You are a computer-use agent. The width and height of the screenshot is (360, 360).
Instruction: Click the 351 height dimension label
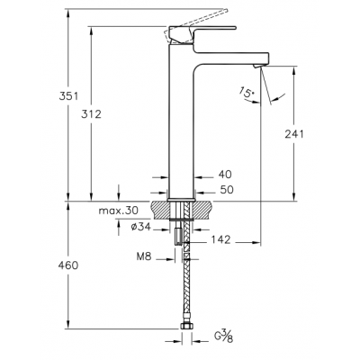click(68, 96)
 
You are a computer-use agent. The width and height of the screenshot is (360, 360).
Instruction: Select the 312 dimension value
click(91, 114)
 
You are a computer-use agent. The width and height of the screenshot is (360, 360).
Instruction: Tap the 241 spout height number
click(294, 134)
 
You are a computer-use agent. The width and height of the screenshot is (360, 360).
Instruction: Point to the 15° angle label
click(247, 92)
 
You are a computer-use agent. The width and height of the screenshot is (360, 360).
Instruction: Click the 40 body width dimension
click(225, 175)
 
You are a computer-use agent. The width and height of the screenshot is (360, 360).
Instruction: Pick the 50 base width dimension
click(227, 190)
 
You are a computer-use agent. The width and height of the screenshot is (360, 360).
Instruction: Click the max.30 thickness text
click(119, 211)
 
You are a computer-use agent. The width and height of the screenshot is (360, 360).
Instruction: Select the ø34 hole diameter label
click(140, 227)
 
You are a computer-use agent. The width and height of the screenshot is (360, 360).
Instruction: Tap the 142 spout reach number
click(220, 239)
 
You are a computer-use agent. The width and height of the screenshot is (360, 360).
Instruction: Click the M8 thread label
click(144, 256)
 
